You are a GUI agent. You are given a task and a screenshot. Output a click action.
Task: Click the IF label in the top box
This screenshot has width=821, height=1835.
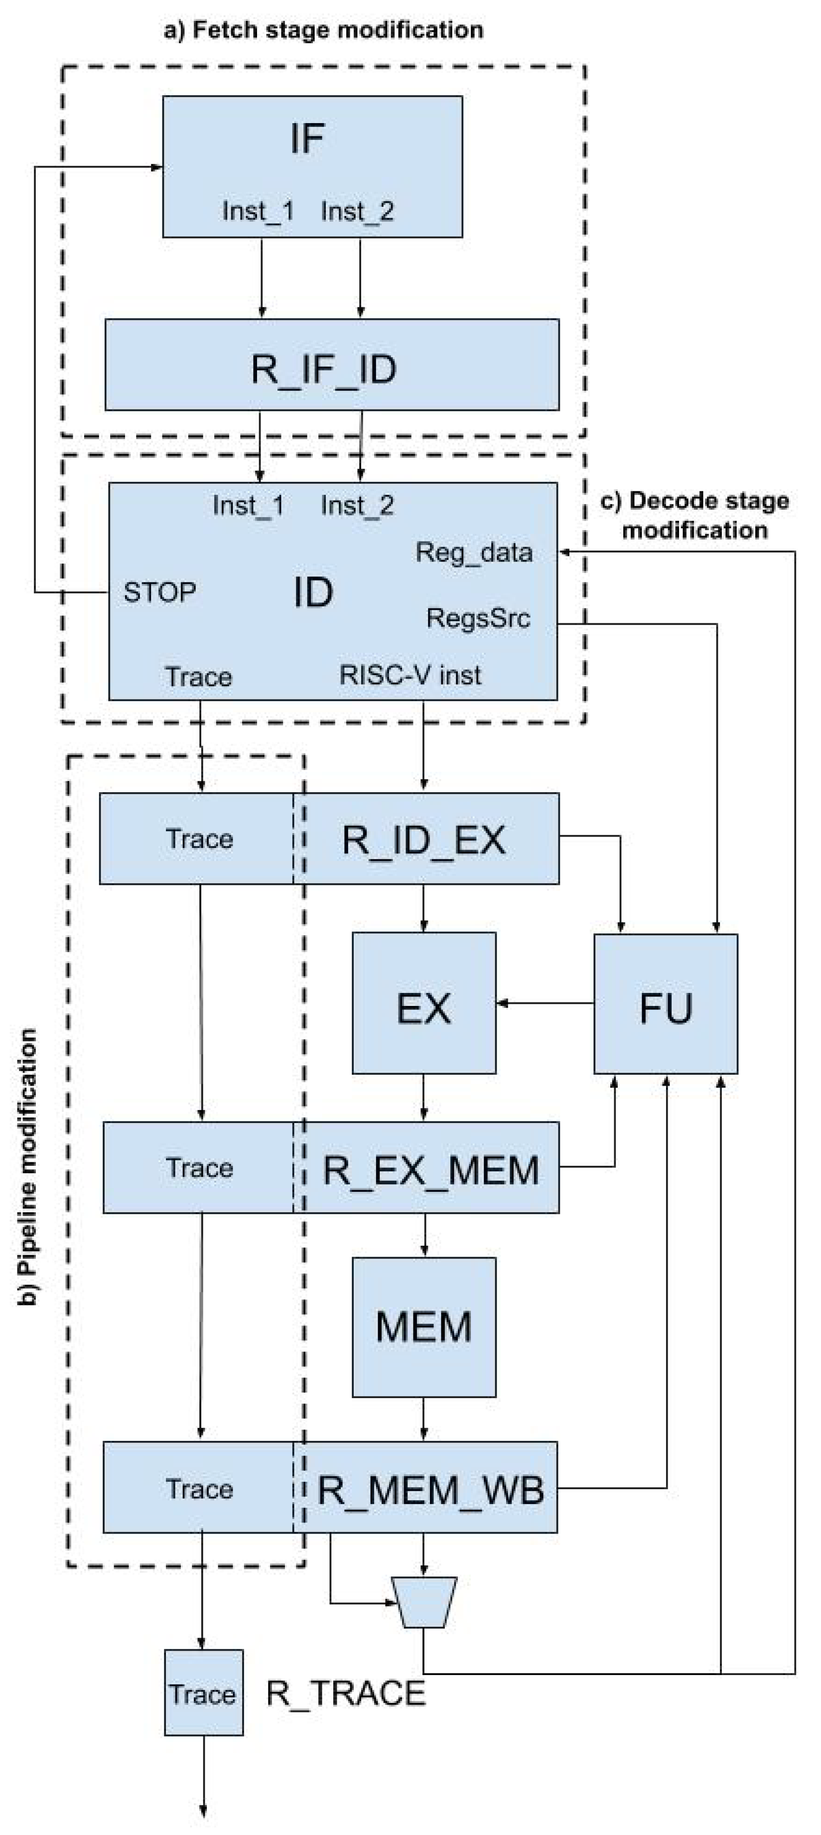click(307, 139)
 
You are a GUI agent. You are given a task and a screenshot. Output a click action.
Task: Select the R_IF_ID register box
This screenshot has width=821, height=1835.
click(331, 364)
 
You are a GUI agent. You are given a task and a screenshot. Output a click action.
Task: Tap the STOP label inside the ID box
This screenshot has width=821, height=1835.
click(159, 592)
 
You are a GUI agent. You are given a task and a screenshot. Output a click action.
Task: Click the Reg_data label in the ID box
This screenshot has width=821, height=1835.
click(473, 552)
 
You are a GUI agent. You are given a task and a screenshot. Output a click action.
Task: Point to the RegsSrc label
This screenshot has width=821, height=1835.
click(478, 618)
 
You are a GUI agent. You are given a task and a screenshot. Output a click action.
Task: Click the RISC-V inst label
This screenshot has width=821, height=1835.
click(410, 675)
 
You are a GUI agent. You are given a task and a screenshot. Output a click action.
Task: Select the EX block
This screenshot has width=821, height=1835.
click(423, 1002)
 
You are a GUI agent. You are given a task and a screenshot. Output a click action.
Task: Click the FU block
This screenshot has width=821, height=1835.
click(665, 1003)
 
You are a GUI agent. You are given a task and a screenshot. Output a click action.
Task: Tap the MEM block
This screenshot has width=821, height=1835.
click(423, 1326)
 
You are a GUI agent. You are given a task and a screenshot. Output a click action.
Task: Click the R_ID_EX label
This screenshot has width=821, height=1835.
click(423, 839)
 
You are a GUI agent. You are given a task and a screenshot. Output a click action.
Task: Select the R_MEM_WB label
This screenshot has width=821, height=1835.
click(430, 1489)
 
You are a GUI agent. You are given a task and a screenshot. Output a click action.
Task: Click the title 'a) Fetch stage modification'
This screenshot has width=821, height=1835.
click(323, 30)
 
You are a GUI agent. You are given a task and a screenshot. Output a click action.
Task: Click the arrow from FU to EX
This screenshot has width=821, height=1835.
click(545, 1003)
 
